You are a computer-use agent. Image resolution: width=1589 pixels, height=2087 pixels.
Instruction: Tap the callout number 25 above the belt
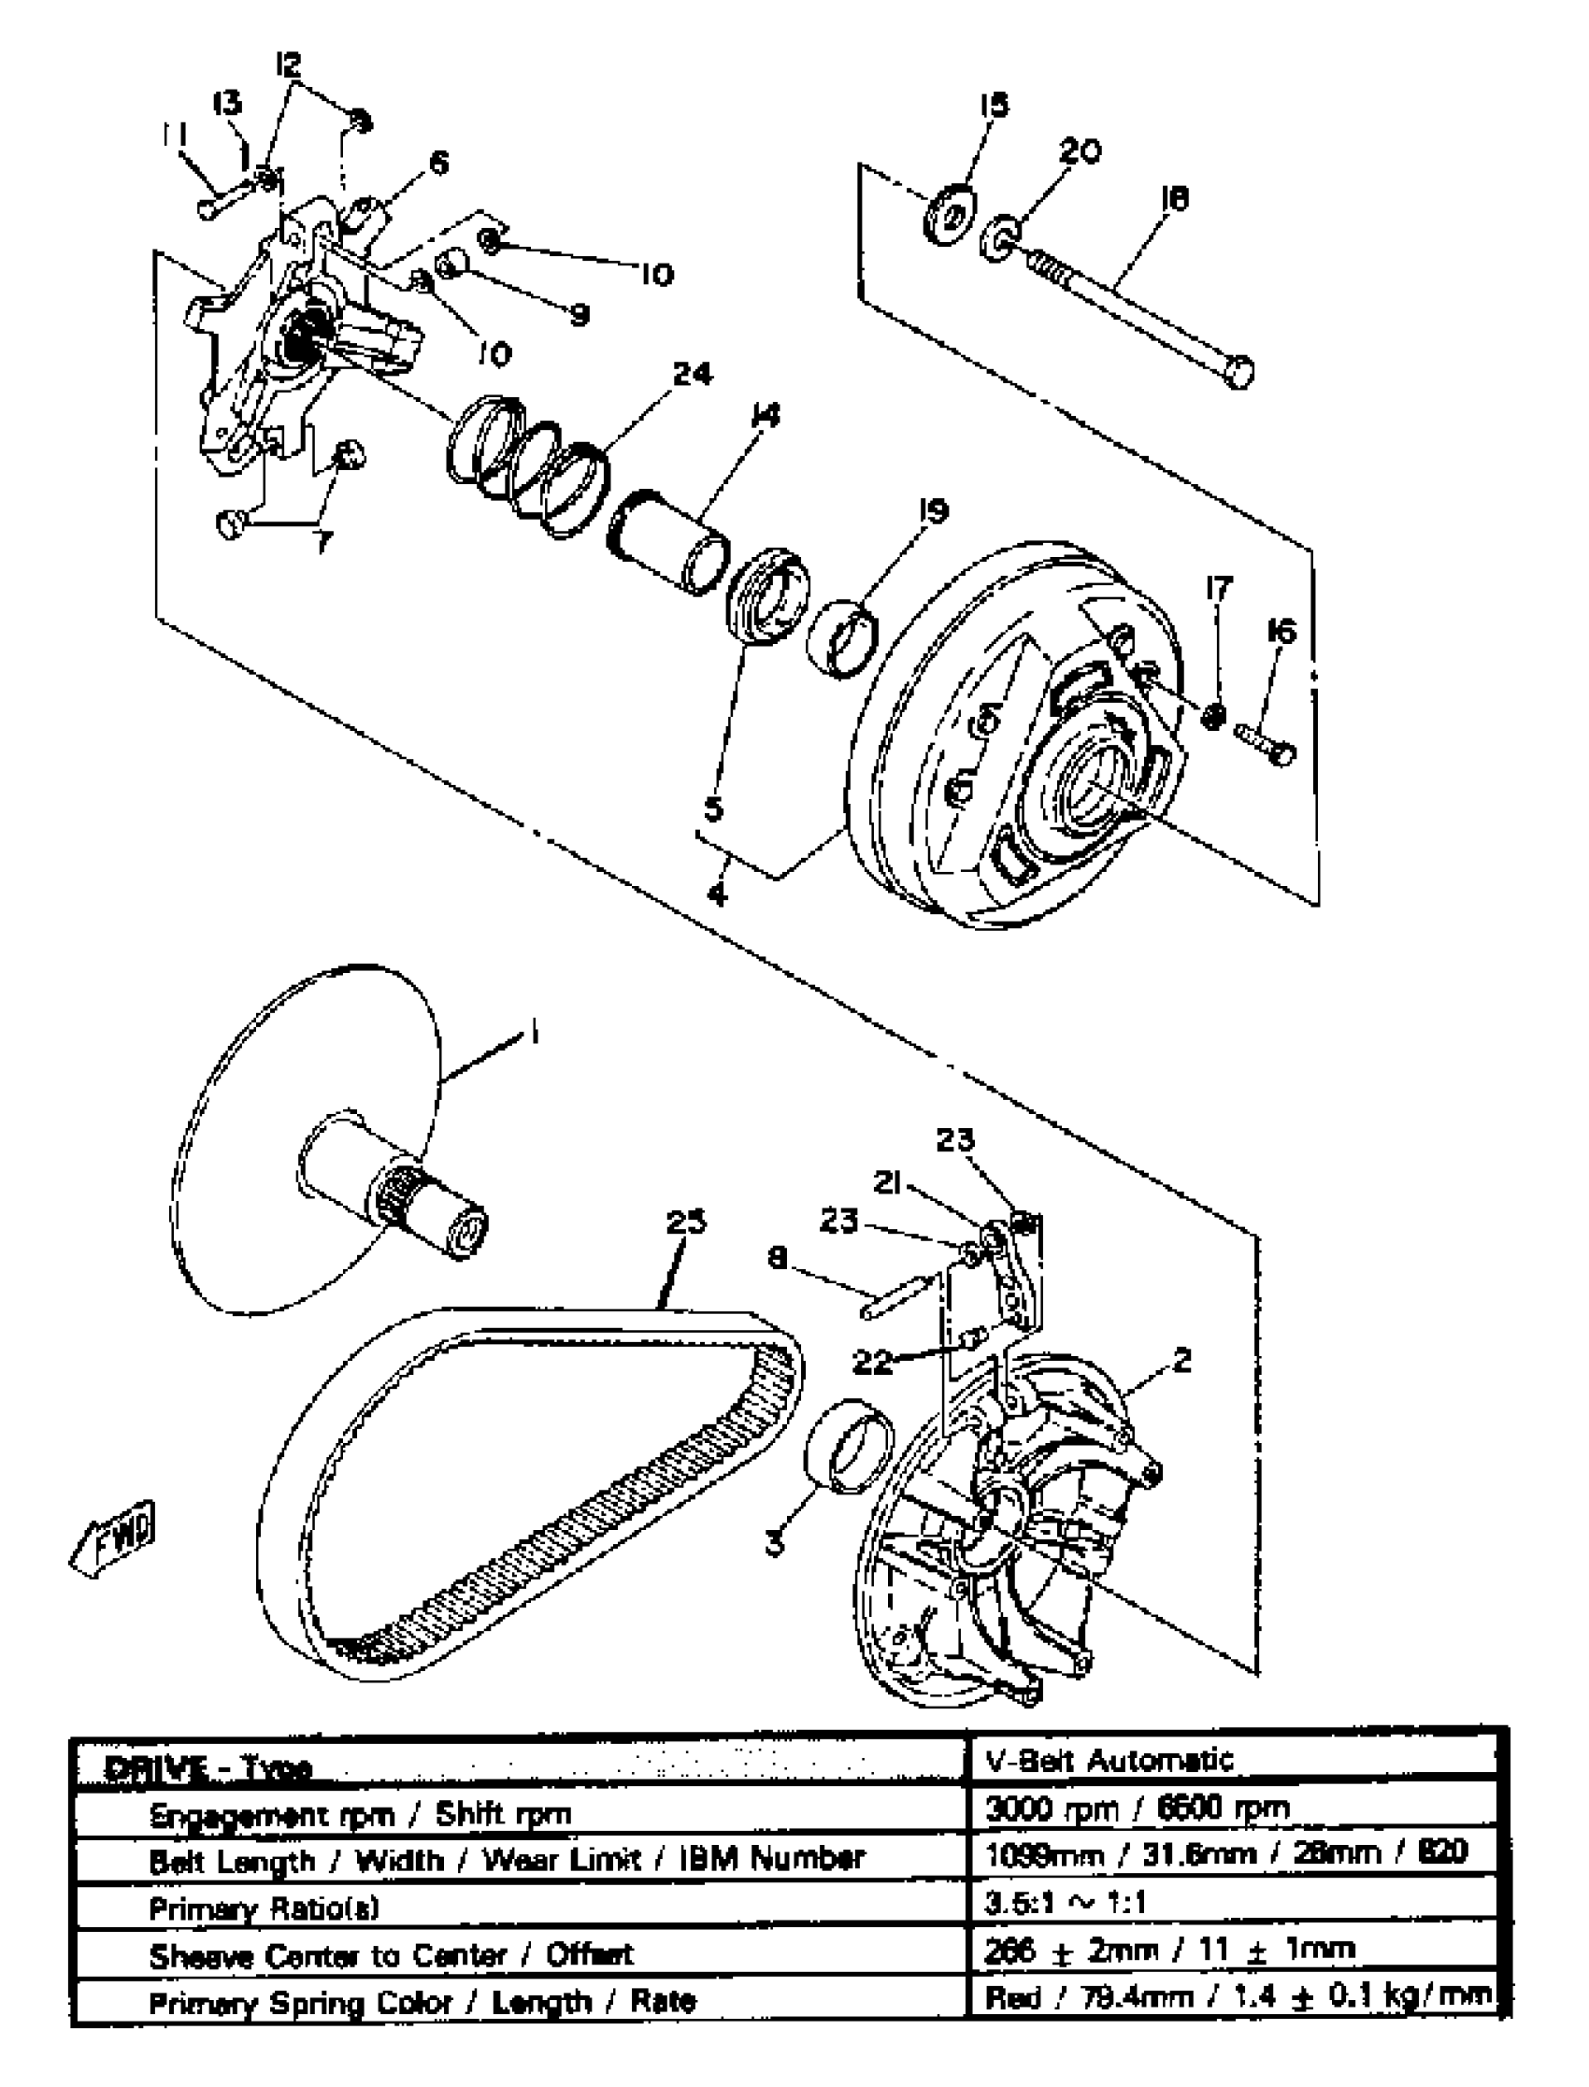[x=686, y=1222]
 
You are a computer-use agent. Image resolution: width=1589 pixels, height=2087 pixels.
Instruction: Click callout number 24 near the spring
[x=693, y=376]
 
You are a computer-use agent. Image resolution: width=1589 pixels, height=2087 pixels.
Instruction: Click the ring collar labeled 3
[x=849, y=1447]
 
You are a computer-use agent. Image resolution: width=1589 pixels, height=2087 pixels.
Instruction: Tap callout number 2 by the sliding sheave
[x=1181, y=1360]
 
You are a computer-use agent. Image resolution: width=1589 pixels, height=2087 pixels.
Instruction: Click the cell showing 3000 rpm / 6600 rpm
[x=1137, y=1808]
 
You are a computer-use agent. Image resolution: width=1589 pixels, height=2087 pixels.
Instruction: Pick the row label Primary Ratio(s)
[x=264, y=1908]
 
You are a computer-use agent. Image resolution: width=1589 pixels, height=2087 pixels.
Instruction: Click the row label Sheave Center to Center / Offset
[x=392, y=1953]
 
